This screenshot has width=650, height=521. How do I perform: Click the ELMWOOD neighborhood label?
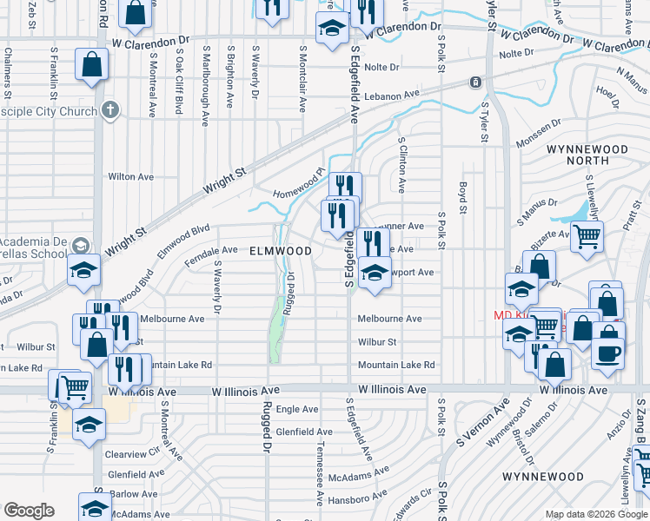tap(280, 251)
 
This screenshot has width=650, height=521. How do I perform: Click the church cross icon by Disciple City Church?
tap(109, 109)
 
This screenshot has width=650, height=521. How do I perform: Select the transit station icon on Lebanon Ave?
tap(475, 83)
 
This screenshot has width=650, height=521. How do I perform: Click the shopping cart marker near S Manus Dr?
tap(587, 235)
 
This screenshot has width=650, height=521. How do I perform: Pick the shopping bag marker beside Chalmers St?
tap(91, 65)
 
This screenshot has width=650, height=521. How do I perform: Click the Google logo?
tap(29, 511)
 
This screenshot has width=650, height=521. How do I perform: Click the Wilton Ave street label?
tap(130, 176)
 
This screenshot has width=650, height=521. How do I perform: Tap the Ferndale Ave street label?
tap(211, 250)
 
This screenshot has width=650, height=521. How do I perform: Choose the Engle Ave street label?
tap(299, 409)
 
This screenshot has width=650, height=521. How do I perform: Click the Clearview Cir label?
tap(130, 453)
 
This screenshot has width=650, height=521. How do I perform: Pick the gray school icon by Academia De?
tap(81, 245)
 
